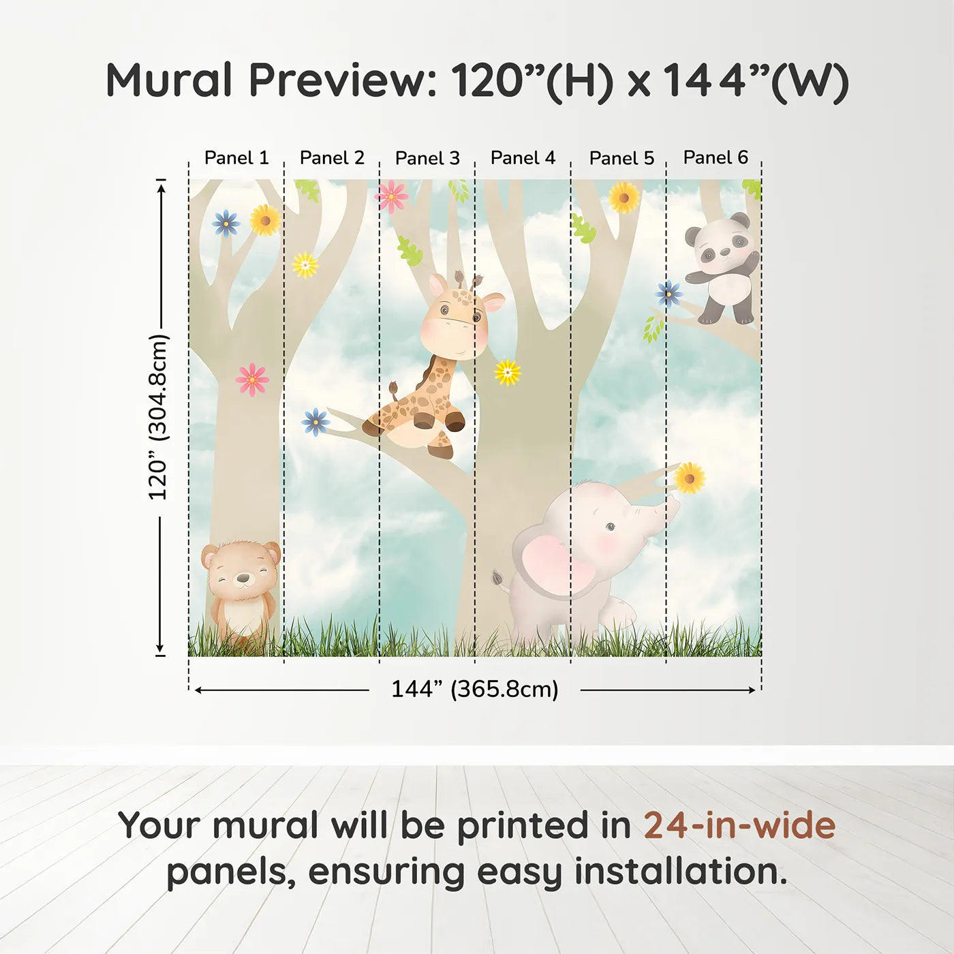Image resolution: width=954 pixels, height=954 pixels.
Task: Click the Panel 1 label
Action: click(x=236, y=158)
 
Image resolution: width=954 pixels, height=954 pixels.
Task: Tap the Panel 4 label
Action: click(x=523, y=158)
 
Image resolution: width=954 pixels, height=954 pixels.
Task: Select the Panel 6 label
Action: click(x=715, y=157)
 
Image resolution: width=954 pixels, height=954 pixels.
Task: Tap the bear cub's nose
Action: click(x=243, y=579)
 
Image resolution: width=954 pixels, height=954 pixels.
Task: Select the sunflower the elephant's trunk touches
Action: click(x=690, y=478)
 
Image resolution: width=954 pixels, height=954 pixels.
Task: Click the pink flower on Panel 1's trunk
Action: click(x=252, y=379)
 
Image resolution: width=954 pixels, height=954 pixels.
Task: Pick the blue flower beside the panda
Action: click(x=668, y=294)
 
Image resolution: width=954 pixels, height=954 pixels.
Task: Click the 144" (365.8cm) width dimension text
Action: click(x=474, y=689)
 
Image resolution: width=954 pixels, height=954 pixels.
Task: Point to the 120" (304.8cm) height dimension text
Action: click(x=158, y=417)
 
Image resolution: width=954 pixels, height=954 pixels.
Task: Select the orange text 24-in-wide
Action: click(x=739, y=825)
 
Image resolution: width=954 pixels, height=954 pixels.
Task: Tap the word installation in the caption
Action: click(x=679, y=872)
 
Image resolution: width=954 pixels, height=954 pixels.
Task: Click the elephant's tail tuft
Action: click(x=498, y=579)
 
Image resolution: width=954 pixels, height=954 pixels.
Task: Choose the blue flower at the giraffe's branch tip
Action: click(x=316, y=422)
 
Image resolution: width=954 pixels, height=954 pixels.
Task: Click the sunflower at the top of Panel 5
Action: click(x=624, y=198)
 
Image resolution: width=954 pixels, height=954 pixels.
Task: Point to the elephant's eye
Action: click(x=611, y=527)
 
